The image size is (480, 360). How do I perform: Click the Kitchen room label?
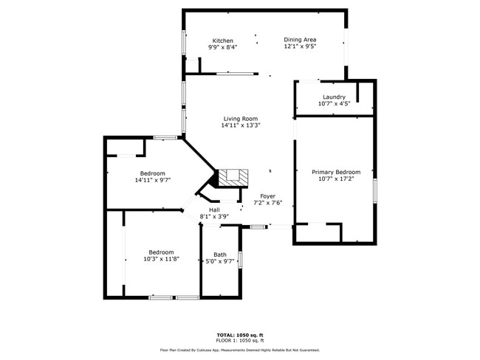click(223, 41)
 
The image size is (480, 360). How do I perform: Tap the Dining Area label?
click(301, 40)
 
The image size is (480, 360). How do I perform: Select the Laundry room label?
click(334, 97)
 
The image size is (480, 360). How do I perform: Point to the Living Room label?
click(241, 118)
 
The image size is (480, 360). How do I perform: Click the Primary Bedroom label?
click(336, 171)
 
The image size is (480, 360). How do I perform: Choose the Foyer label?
click(267, 195)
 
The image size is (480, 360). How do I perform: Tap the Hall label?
click(214, 210)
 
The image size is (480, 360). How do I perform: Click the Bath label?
click(220, 255)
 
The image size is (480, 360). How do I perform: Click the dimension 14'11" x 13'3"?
click(241, 125)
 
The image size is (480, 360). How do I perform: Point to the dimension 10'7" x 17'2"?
click(336, 179)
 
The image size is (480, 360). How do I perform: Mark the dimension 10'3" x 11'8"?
click(161, 259)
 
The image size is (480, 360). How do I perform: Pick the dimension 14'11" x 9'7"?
click(153, 180)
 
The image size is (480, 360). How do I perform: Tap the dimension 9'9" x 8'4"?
click(223, 47)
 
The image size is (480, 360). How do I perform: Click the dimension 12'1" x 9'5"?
click(301, 46)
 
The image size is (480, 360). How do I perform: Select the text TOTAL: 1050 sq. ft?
click(240, 334)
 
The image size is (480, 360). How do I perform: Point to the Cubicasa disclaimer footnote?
click(240, 350)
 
